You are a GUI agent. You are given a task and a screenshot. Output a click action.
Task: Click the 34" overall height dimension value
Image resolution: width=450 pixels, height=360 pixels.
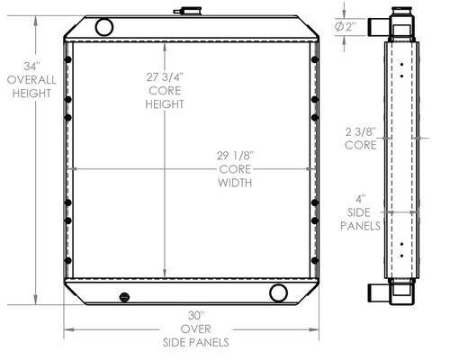[x=31, y=67]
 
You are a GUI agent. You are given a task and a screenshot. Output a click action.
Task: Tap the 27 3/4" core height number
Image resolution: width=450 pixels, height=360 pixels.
[x=165, y=77]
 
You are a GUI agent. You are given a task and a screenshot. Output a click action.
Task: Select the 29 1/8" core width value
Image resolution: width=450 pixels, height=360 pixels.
[x=235, y=156]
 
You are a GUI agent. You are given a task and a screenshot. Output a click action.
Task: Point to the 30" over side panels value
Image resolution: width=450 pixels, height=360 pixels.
[x=196, y=316]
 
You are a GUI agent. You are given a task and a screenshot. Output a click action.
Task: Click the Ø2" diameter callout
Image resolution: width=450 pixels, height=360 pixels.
[x=346, y=27]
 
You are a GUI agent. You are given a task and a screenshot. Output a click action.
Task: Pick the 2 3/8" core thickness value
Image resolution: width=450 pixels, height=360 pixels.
[x=361, y=131]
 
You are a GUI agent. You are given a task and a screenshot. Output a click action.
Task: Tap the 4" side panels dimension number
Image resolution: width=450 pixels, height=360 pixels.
[x=360, y=199]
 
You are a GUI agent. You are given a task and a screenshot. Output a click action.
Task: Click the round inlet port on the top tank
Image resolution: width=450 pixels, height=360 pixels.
[x=104, y=27]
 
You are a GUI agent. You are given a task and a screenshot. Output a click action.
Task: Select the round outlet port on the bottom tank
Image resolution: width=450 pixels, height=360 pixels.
[x=278, y=293]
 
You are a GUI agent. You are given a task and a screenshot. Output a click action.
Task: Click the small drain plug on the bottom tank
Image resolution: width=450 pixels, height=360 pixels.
[x=124, y=297]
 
